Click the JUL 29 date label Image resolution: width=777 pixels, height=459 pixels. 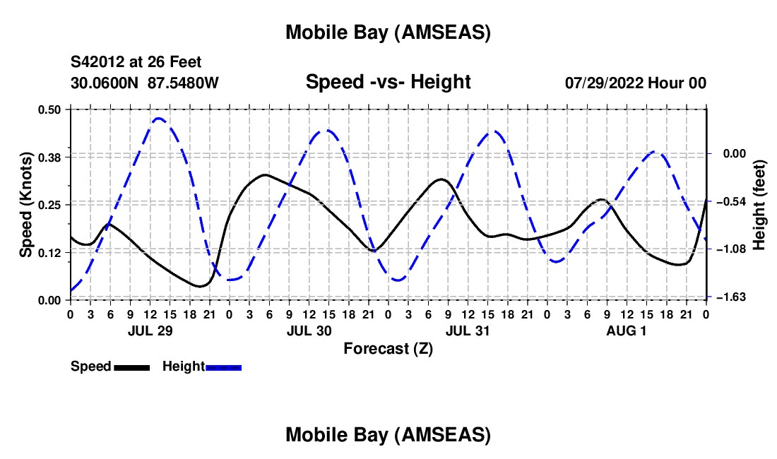[149, 330]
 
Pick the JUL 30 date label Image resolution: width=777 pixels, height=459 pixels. [308, 330]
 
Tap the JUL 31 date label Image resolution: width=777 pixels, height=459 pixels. [467, 330]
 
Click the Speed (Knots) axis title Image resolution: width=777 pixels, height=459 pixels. [25, 204]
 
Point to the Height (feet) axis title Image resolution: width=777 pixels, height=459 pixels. [759, 204]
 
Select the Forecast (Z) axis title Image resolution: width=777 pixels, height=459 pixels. [388, 348]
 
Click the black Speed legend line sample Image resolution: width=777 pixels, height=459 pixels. [131, 367]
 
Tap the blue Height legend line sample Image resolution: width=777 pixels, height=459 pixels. [224, 367]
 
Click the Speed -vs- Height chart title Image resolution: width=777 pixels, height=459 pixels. [388, 82]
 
